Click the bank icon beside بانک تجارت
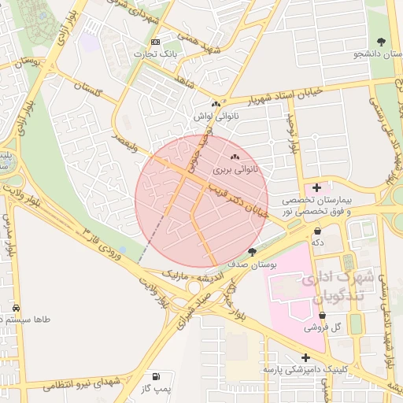pyautogui.click(x=155, y=42)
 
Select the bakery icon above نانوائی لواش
pyautogui.click(x=215, y=103)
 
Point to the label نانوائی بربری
pyautogui.click(x=235, y=169)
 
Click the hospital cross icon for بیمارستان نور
pyautogui.click(x=316, y=187)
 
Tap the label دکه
pyautogui.click(x=318, y=243)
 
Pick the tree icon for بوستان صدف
pyautogui.click(x=252, y=252)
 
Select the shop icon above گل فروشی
pyautogui.click(x=322, y=314)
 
